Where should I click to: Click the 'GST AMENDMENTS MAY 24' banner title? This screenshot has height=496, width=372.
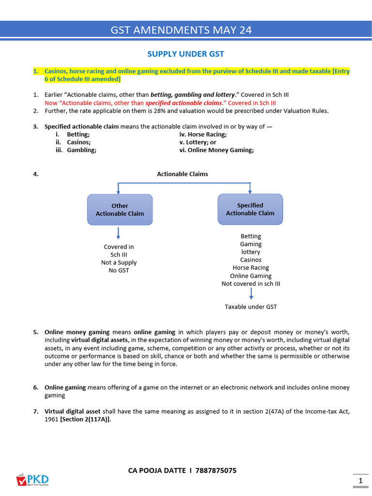182,30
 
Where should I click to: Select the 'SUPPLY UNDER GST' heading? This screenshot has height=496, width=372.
186,54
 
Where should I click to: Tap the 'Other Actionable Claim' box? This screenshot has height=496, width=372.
120,210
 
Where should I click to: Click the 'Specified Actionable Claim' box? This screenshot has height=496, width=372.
250,209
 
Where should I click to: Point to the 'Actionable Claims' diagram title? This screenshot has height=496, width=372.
182,174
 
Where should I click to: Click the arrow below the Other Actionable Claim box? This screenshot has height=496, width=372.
119,233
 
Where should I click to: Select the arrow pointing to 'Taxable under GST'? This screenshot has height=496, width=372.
251,294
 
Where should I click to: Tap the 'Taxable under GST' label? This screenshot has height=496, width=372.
251,307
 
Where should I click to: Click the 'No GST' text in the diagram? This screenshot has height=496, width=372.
119,270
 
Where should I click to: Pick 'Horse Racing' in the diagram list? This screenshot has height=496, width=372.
250,267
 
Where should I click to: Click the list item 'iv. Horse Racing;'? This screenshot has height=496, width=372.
203,135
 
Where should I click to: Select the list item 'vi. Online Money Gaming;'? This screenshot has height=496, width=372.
216,150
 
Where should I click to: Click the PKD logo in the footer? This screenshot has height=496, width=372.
32,480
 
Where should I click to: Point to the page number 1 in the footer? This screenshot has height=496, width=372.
360,480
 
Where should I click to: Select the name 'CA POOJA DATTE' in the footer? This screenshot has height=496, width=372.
156,470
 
